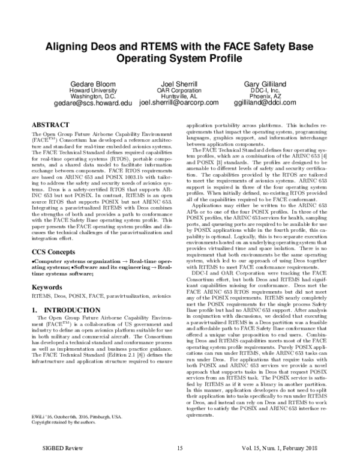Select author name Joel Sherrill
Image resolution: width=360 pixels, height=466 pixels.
point(179,83)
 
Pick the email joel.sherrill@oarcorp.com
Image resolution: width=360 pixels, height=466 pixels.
point(180,103)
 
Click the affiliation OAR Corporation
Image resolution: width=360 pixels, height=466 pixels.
point(179,89)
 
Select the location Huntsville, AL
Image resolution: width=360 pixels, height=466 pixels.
point(179,96)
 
